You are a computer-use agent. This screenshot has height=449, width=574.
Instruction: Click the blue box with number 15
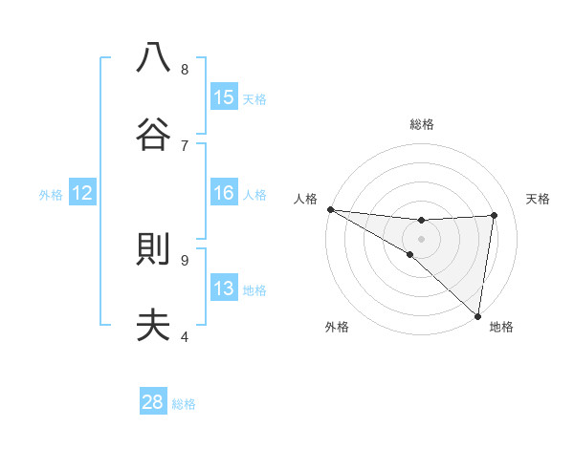(224, 96)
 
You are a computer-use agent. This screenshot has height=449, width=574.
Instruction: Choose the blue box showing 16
(224, 193)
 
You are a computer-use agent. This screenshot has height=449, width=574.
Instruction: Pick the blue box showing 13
(224, 289)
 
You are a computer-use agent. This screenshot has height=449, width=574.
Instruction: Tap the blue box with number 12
(82, 193)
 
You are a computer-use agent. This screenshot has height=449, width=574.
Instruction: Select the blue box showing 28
(153, 402)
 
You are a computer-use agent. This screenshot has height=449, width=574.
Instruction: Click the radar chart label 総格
(422, 124)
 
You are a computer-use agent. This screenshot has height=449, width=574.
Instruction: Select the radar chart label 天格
(538, 199)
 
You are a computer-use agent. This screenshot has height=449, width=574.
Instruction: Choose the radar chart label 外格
(337, 327)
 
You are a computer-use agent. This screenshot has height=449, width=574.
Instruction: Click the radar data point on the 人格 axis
(330, 209)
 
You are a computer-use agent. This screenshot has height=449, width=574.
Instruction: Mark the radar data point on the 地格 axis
(477, 315)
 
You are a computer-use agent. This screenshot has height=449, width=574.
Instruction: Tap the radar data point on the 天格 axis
(495, 215)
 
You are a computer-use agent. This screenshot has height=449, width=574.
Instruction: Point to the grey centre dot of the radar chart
(422, 238)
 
